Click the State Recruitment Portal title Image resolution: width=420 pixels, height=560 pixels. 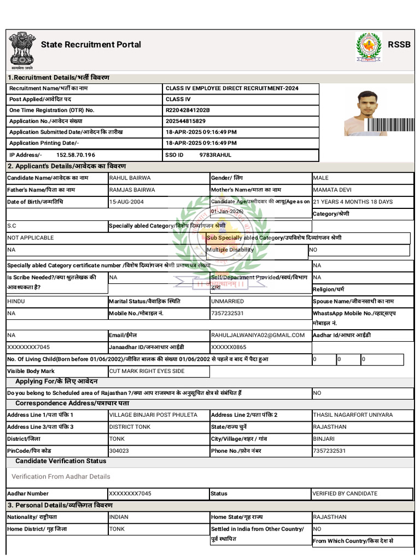coord(91,45)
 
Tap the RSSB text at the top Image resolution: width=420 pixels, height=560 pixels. coord(399,45)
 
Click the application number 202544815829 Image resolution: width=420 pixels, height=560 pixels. coord(185,121)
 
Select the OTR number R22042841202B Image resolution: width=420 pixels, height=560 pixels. coord(188,110)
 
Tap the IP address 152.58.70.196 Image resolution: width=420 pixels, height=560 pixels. coord(75,155)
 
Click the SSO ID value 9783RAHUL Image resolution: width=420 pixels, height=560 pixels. coord(215,155)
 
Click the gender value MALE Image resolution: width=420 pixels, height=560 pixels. coord(320,178)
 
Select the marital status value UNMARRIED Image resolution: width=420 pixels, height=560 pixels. coord(227,301)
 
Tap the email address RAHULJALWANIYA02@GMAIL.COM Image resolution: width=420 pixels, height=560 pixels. coord(258,335)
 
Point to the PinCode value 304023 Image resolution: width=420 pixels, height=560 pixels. coord(119,451)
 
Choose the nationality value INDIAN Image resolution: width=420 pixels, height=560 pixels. coord(119,517)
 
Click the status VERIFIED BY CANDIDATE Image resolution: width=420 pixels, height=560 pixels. coord(345,493)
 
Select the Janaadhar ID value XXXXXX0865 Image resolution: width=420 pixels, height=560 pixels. coord(229,347)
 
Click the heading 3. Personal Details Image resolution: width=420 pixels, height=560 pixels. coord(60,505)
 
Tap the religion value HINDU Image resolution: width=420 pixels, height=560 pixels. coord(16,301)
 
